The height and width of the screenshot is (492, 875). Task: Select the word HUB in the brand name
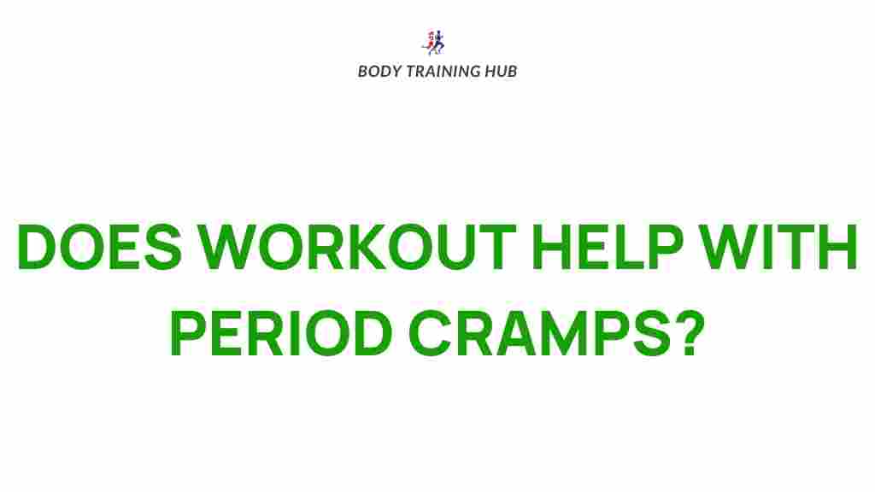pos(501,72)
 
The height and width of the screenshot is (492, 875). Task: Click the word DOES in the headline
pos(100,247)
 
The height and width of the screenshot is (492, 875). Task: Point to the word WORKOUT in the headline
pos(358,247)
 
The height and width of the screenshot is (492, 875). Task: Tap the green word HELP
pos(608,247)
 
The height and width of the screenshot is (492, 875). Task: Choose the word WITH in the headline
pos(779,247)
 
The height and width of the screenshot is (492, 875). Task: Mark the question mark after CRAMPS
pos(690,333)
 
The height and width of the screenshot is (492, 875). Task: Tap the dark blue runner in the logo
pos(439,42)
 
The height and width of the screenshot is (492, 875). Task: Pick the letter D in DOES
pos(37,247)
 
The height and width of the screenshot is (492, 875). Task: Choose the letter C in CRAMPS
pos(431,333)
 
